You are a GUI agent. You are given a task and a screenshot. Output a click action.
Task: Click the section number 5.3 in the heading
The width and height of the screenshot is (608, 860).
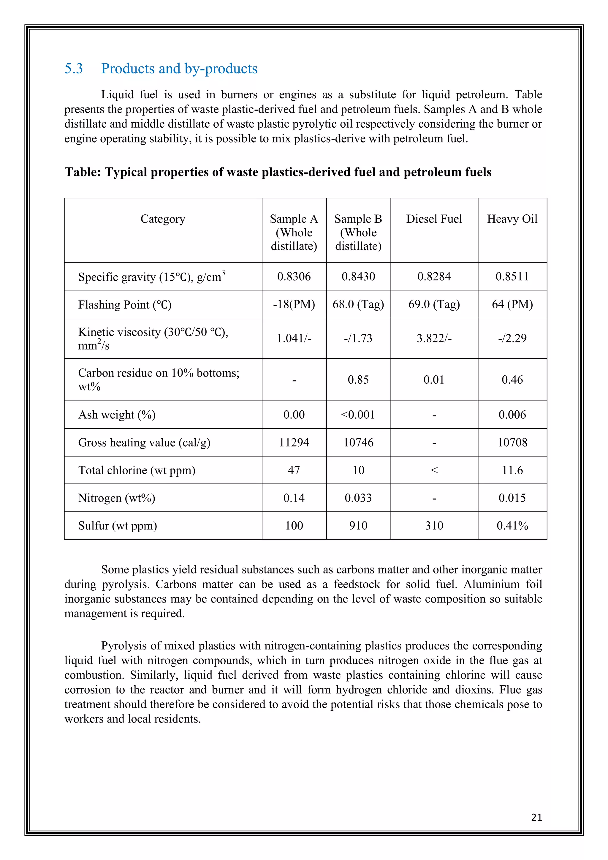click(x=73, y=69)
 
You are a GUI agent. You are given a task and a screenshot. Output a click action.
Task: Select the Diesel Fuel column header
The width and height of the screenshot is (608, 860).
click(x=434, y=219)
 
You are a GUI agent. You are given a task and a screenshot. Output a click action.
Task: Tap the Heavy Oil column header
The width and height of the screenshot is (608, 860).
click(x=512, y=219)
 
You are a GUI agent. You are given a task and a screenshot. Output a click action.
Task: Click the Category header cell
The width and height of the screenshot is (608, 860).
click(x=163, y=219)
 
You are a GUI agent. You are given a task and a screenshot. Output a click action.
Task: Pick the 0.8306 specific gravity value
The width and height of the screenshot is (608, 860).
click(x=294, y=276)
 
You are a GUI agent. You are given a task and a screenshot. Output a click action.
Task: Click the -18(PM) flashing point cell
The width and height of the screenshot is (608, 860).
click(x=294, y=304)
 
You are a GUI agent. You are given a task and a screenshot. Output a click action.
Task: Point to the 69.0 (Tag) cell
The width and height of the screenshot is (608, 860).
click(x=434, y=304)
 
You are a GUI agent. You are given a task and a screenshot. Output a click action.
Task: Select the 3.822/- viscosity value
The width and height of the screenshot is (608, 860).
click(x=434, y=338)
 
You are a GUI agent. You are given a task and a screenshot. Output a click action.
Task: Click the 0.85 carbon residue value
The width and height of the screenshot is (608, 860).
click(x=358, y=380)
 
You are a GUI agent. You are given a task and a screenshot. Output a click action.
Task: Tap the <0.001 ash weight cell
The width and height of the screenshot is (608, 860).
click(x=358, y=415)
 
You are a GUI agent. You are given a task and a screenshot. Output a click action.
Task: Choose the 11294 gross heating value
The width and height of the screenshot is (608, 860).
click(x=294, y=442)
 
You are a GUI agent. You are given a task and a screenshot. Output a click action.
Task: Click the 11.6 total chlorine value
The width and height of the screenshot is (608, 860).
click(x=512, y=470)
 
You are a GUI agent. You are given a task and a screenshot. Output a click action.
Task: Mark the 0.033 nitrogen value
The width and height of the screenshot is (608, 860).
click(x=358, y=498)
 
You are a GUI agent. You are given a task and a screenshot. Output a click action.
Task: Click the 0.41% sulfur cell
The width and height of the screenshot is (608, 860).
click(x=512, y=526)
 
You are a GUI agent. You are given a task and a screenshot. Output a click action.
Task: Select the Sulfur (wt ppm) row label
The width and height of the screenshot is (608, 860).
click(x=118, y=526)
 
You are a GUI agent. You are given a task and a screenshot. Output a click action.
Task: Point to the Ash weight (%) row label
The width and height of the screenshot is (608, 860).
click(x=117, y=415)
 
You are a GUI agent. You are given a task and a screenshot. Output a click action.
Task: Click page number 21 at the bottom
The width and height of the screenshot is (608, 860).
click(x=536, y=817)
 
